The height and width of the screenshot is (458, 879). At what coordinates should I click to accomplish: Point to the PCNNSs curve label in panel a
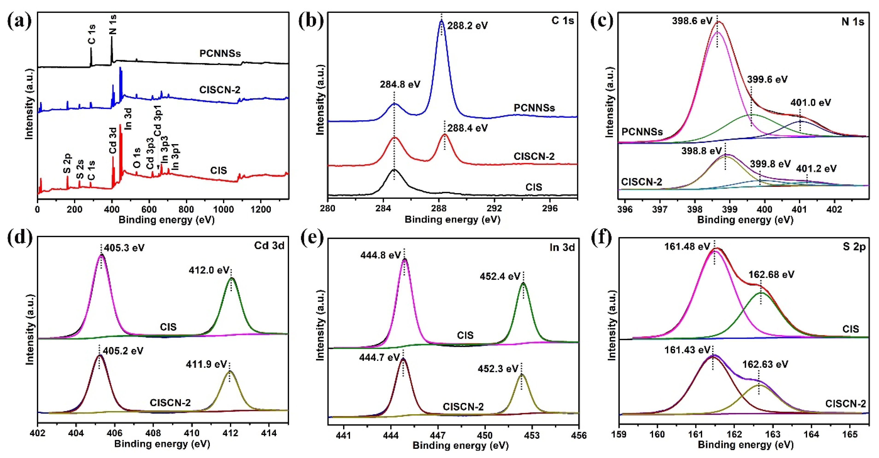(x=220, y=53)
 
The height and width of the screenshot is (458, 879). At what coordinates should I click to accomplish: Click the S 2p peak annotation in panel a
(x=67, y=164)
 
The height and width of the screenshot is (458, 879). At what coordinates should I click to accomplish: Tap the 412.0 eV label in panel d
(x=209, y=270)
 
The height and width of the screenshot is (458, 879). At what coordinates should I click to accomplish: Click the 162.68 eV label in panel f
(x=771, y=275)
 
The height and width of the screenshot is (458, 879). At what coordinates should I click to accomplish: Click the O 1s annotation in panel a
(x=136, y=158)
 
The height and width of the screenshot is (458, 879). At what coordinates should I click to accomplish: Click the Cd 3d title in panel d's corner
(x=269, y=246)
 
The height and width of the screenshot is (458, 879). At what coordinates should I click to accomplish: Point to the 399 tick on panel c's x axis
(x=729, y=209)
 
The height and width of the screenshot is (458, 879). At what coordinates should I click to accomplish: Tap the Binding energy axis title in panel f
(x=745, y=444)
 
